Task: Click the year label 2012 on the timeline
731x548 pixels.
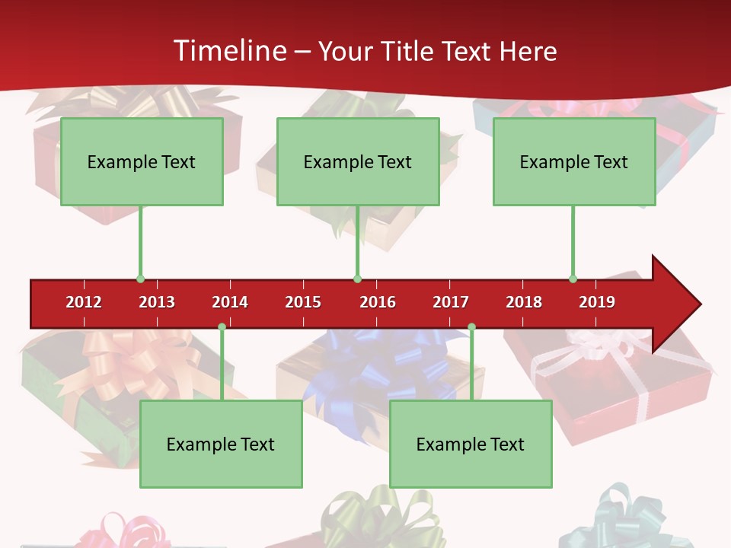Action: (x=84, y=302)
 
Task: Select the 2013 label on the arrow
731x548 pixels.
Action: (x=157, y=302)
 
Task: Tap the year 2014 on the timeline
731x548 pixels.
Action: (x=230, y=302)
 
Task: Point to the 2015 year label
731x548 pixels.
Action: (x=303, y=302)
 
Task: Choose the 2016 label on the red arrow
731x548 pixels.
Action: (x=378, y=302)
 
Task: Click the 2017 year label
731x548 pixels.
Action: (x=451, y=302)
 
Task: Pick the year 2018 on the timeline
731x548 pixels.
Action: (x=524, y=302)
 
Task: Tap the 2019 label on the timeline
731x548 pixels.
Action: (x=597, y=302)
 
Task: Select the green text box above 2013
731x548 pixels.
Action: (x=142, y=161)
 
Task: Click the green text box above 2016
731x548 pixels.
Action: (x=358, y=161)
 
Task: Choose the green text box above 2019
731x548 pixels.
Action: (x=574, y=161)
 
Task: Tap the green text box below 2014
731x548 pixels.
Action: (x=221, y=444)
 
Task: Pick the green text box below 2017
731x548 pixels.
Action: (x=471, y=444)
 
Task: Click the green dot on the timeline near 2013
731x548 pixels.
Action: (x=140, y=279)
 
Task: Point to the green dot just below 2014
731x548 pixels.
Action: (x=222, y=327)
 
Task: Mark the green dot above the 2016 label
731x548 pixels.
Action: (x=357, y=279)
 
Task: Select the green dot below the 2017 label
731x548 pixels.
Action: (x=471, y=327)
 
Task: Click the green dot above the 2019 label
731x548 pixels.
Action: (x=573, y=279)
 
